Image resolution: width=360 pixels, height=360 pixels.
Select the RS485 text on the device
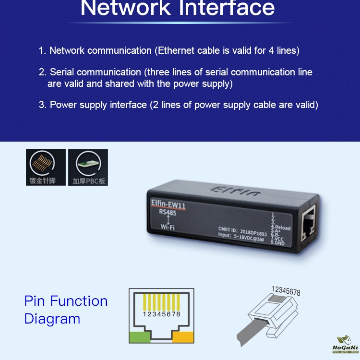pyautogui.click(x=168, y=213)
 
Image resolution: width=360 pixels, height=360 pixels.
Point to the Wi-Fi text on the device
pyautogui.click(x=168, y=227)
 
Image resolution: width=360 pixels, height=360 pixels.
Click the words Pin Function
pyautogui.click(x=66, y=301)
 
